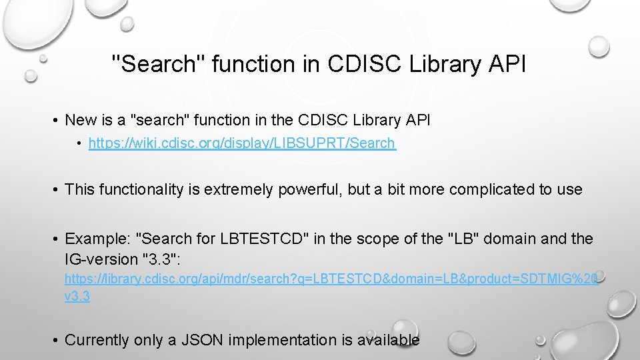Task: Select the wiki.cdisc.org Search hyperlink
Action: pyautogui.click(x=242, y=143)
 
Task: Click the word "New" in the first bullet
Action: pyautogui.click(x=81, y=120)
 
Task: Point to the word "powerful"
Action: pyautogui.click(x=306, y=189)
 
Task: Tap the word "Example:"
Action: pyautogui.click(x=97, y=239)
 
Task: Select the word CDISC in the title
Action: pyautogui.click(x=359, y=64)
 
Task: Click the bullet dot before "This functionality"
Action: pyautogui.click(x=56, y=189)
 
